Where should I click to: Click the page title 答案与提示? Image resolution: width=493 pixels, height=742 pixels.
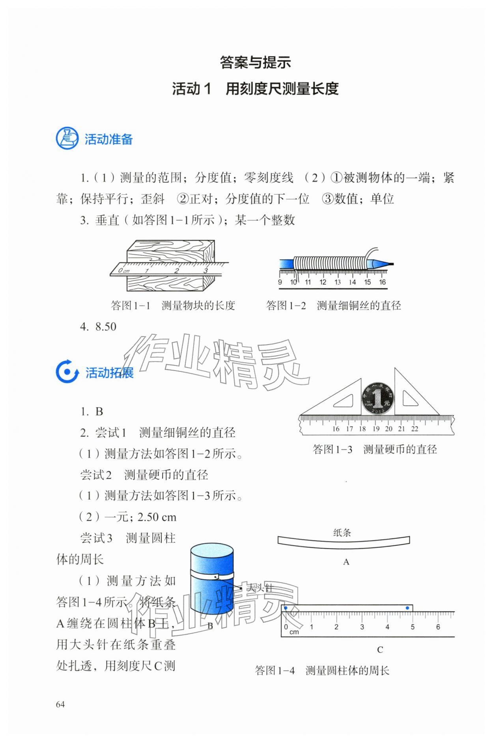point(255,62)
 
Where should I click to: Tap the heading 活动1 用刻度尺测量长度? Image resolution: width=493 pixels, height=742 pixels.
point(255,89)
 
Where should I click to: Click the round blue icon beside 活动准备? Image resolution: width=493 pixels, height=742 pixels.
point(67,139)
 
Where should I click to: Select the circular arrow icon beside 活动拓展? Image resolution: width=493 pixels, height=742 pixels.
point(67,372)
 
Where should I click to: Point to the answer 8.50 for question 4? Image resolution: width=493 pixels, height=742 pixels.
point(106,327)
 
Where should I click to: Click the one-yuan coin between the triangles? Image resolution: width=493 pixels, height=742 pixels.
point(378,398)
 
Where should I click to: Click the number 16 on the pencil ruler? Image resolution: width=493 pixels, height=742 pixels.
point(382,282)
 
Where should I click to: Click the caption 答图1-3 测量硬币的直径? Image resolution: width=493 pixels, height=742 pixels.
point(375,449)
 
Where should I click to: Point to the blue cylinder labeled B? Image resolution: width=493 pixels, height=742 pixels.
point(212,580)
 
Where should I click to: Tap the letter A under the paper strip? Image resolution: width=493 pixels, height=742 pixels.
point(346,562)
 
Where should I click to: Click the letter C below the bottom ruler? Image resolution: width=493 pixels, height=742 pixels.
point(380,650)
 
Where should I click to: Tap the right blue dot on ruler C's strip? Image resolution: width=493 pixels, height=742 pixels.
point(407,608)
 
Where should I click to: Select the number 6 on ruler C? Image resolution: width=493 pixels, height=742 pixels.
point(438,627)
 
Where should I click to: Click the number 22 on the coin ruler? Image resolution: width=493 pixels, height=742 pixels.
point(415,429)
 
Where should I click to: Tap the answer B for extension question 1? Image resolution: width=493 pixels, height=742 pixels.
point(99,412)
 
